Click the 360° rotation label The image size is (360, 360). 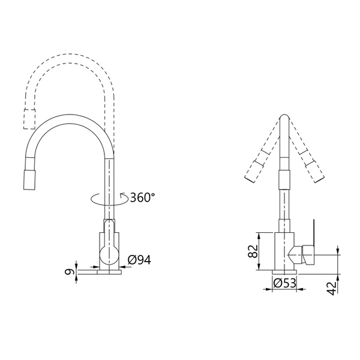(x=142, y=197)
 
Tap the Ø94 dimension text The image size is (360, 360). (x=139, y=260)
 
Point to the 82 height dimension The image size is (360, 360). (x=253, y=251)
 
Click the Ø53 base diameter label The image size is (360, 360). (x=284, y=283)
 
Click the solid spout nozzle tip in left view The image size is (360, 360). (x=30, y=181)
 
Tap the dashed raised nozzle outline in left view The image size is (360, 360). (x=29, y=119)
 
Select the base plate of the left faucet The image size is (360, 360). (x=109, y=272)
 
